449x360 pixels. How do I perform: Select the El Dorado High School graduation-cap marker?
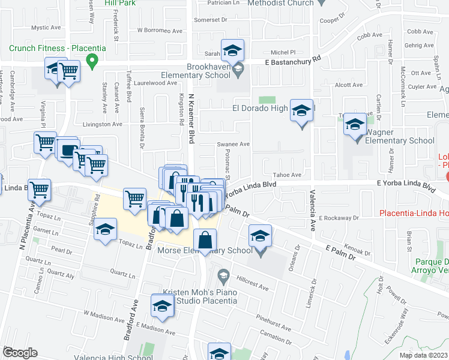[x=301, y=112]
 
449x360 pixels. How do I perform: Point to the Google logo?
[x=20, y=353]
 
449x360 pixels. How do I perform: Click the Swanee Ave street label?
[x=233, y=144]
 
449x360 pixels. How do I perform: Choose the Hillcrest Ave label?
[x=252, y=287]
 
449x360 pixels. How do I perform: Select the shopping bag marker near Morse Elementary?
[x=205, y=239]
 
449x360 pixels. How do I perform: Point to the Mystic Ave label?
[x=48, y=28]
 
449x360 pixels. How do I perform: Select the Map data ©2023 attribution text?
[x=423, y=355]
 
